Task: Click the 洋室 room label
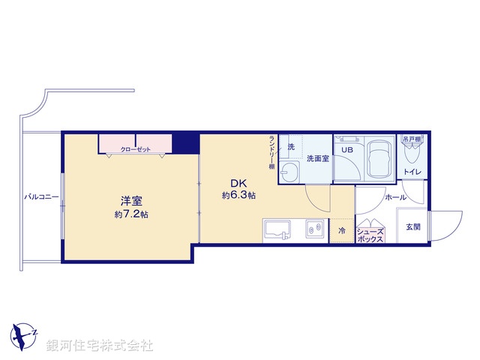(132, 201)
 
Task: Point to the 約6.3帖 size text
(239, 196)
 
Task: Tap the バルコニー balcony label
(42, 197)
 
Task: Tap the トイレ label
(412, 172)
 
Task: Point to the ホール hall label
(395, 198)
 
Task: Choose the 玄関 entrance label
(413, 226)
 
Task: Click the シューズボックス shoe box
(370, 234)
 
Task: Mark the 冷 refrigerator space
(341, 231)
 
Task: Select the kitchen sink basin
(278, 230)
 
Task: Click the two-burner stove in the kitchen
(313, 230)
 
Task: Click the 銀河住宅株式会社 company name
(100, 346)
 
